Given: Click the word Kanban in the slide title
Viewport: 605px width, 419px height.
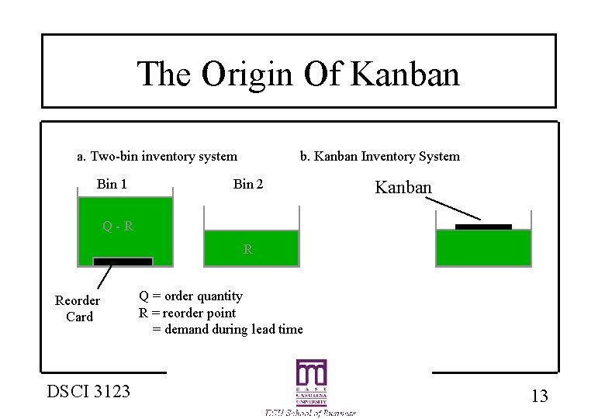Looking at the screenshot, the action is coord(405,74).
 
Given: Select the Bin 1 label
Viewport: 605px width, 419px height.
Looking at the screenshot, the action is coord(112,184).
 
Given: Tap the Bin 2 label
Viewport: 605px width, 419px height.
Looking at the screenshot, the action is coord(248,184).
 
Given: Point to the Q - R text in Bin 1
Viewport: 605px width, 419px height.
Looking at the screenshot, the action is coord(118,227).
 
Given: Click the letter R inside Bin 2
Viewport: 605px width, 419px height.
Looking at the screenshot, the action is coord(247,250).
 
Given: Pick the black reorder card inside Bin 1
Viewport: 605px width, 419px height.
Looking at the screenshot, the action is coord(123,261).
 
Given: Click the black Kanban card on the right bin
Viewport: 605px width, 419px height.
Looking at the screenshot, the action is coord(483,227).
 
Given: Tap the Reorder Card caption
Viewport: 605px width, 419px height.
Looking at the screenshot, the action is coord(78,309).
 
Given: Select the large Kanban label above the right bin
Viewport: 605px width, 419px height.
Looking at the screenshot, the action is coord(403,187).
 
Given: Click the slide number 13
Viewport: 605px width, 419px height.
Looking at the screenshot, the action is coord(539,396).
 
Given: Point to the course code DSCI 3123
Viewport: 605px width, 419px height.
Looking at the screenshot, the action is coord(88,391).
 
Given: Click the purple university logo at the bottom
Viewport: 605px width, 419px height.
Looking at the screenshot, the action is coord(310,383).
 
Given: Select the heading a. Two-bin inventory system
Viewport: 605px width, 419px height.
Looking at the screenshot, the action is coord(157,157).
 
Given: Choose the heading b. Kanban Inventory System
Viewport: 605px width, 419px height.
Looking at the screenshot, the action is coord(380,157).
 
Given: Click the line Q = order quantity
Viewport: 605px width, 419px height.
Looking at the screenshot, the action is coord(191,296).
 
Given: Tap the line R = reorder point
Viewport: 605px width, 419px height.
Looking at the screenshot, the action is coord(187,313).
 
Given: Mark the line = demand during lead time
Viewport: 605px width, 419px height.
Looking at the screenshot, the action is coord(227,330).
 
